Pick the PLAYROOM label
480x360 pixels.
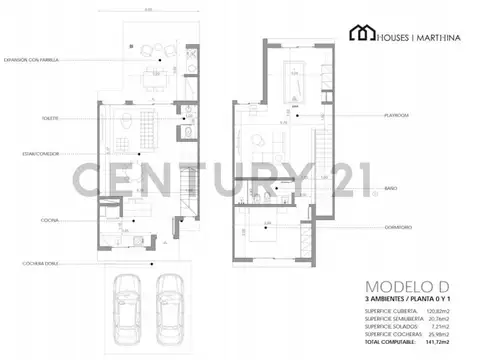click(x=398, y=115)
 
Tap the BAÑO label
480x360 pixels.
click(x=391, y=187)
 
